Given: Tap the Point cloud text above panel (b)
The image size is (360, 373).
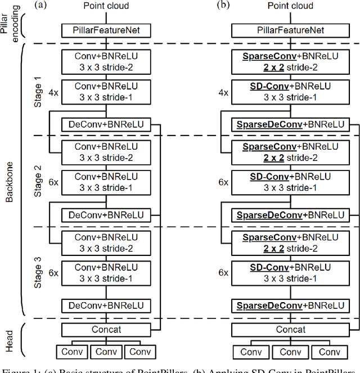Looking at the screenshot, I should click(x=291, y=6).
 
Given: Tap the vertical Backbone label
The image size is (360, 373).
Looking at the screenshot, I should click(x=9, y=181).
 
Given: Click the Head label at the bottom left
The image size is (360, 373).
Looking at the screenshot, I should click(x=9, y=338).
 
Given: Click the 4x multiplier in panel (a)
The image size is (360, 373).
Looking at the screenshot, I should click(x=53, y=92).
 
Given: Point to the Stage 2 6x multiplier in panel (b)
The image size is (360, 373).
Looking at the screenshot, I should click(x=223, y=181).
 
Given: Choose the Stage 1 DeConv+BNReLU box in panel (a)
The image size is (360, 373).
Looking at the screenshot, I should click(x=106, y=123).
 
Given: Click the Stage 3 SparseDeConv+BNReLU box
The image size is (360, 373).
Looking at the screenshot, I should click(x=291, y=306).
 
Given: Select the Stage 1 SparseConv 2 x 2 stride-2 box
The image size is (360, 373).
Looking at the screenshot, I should click(x=291, y=61).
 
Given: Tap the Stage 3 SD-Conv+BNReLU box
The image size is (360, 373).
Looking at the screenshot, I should click(x=291, y=273).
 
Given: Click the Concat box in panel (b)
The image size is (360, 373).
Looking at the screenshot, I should click(x=291, y=330).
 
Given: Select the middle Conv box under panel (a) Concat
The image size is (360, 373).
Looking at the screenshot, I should click(x=106, y=352).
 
